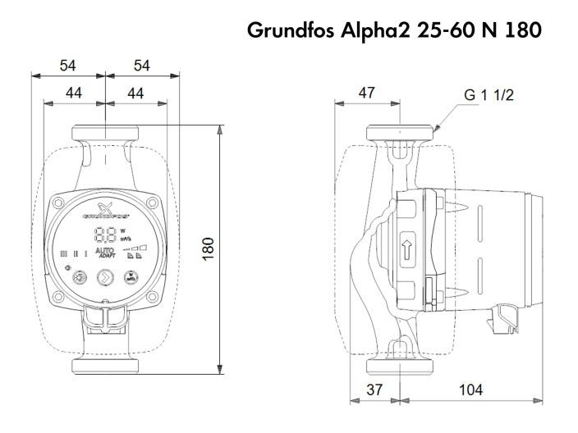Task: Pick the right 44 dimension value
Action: click(x=137, y=93)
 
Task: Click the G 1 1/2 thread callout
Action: click(x=488, y=95)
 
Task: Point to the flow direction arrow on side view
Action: click(x=408, y=251)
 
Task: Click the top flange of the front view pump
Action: click(x=106, y=131)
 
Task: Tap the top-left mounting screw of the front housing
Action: click(x=61, y=201)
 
